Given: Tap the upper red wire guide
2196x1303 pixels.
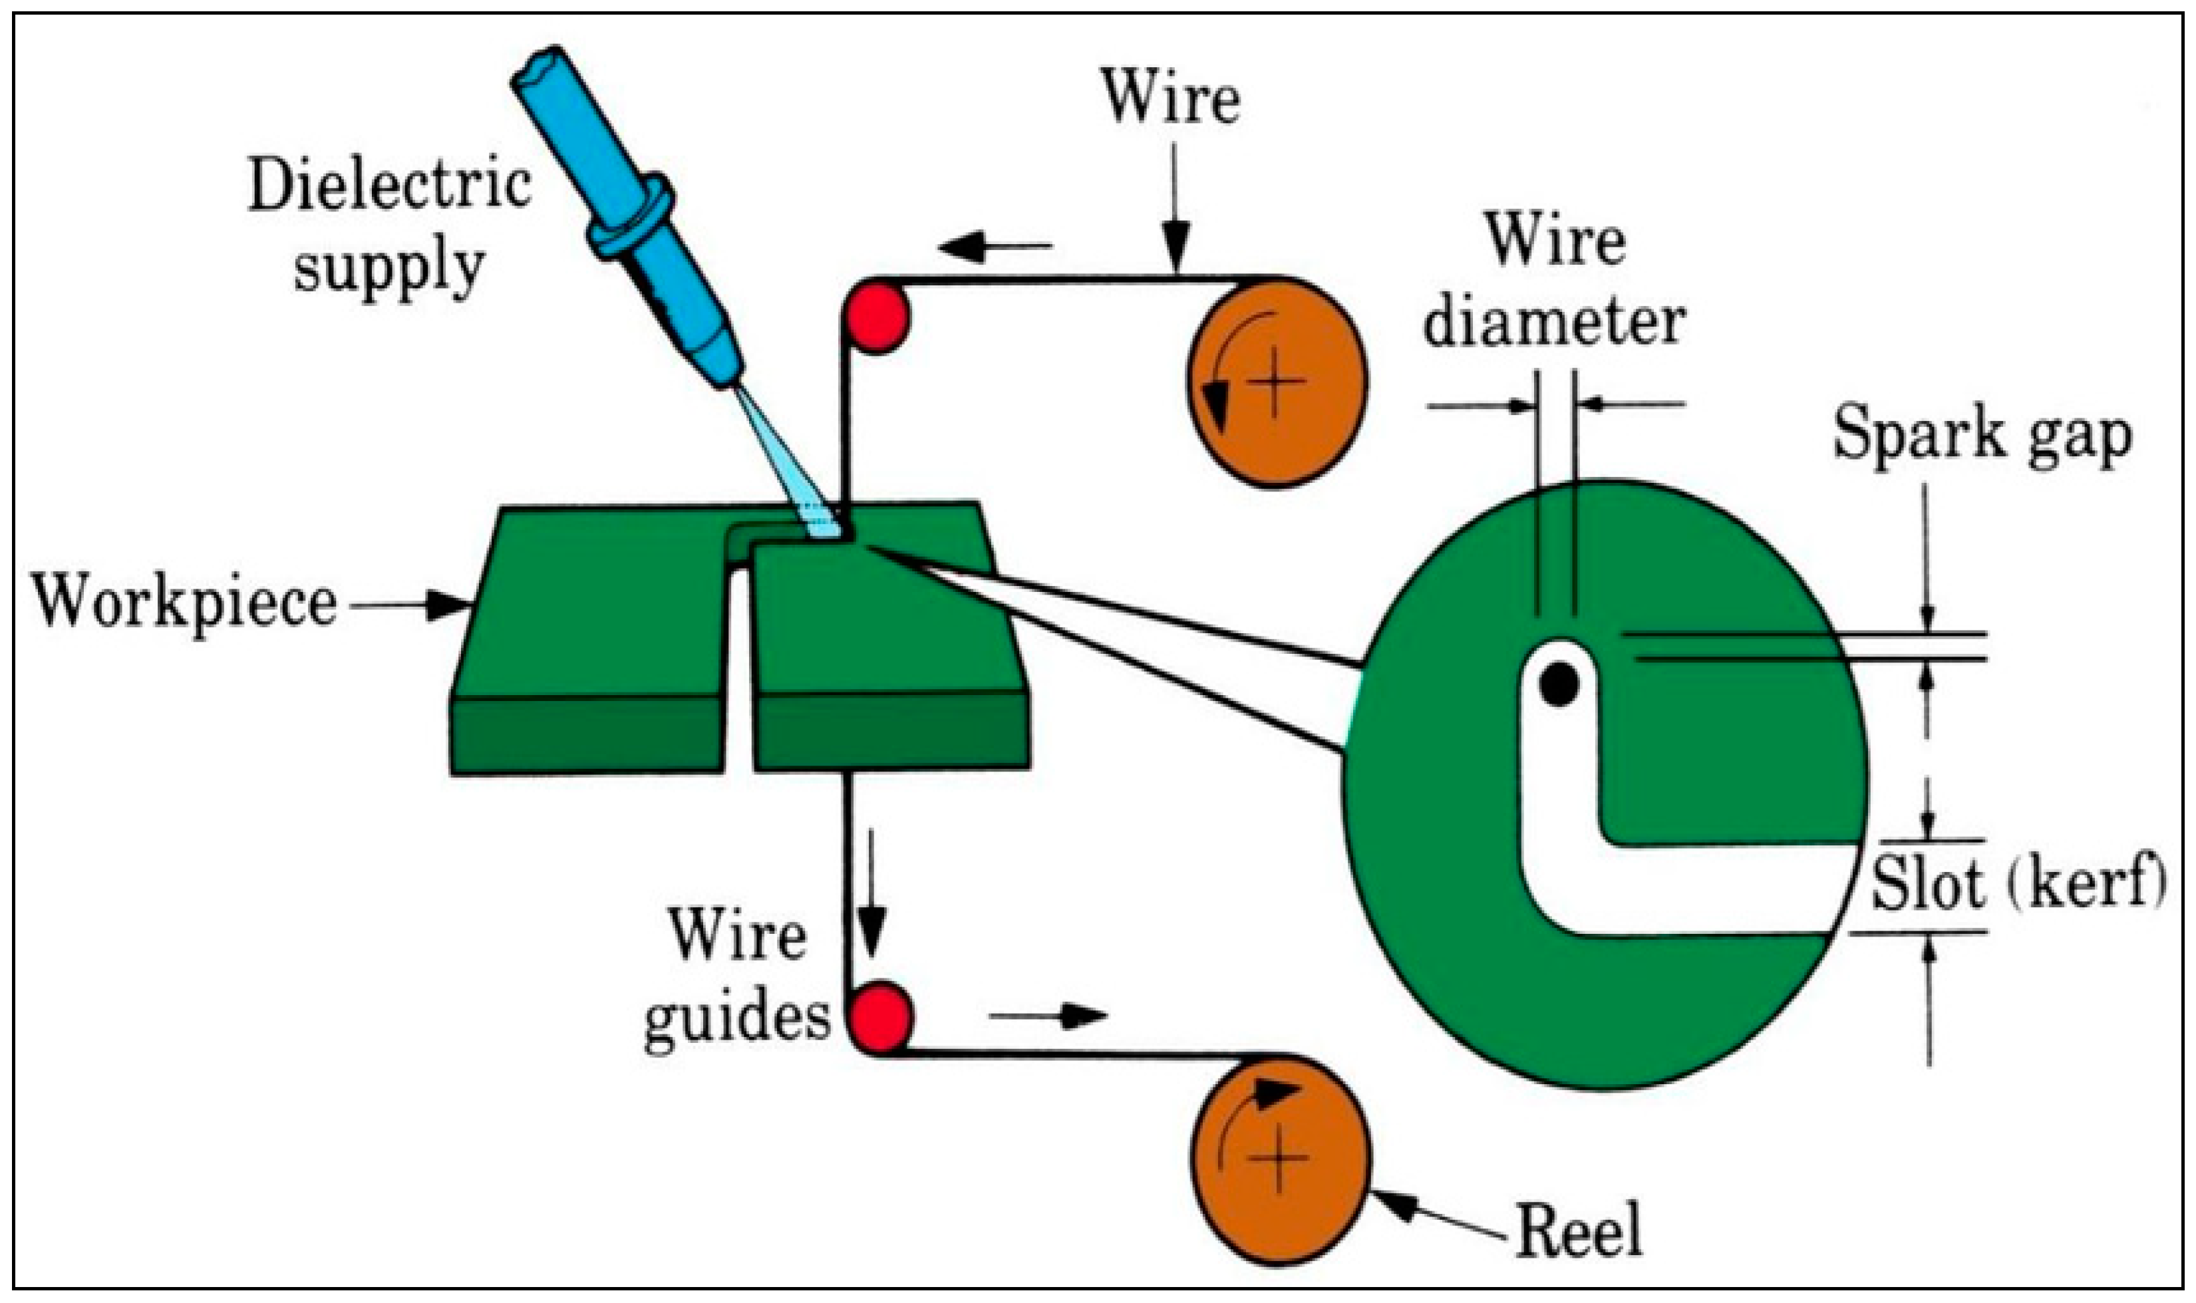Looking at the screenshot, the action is [875, 315].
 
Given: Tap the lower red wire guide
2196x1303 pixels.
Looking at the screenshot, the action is [879, 1018].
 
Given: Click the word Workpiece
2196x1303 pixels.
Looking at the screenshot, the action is [184, 604].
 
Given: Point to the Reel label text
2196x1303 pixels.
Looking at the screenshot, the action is [1579, 1231].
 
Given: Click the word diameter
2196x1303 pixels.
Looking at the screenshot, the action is [1554, 321].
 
